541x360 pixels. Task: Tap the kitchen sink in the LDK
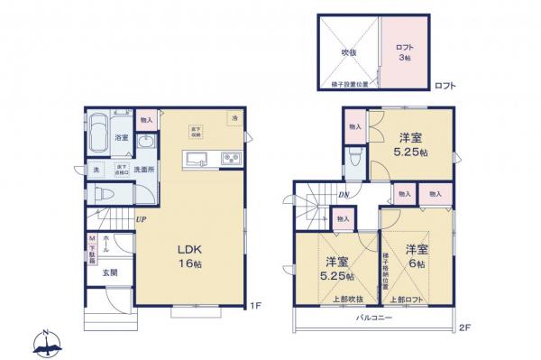click(x=197, y=161)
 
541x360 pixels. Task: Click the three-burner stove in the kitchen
click(x=230, y=161)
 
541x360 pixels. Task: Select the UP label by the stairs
click(x=142, y=218)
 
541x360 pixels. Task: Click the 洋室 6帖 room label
click(x=416, y=254)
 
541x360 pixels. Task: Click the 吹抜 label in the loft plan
click(x=348, y=52)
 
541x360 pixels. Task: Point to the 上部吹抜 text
click(x=336, y=299)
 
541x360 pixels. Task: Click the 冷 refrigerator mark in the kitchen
click(x=234, y=119)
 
